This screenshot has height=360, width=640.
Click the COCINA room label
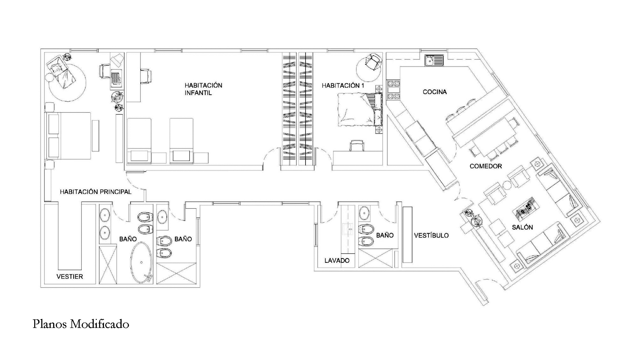pyautogui.click(x=435, y=92)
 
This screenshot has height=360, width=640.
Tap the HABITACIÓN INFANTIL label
pyautogui.click(x=203, y=89)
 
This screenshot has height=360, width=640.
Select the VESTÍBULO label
pyautogui.click(x=431, y=236)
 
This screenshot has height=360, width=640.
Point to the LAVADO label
pyautogui.click(x=337, y=260)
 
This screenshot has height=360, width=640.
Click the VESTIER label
pyautogui.click(x=70, y=276)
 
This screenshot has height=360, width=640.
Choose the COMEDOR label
pyautogui.click(x=485, y=166)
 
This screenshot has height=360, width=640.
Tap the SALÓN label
pyautogui.click(x=522, y=227)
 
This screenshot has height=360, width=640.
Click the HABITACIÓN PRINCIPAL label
pyautogui.click(x=96, y=192)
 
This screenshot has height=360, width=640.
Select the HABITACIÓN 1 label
pyautogui.click(x=343, y=86)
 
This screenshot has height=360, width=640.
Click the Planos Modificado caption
pyautogui.click(x=81, y=324)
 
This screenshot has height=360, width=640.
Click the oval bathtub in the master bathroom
pyautogui.click(x=141, y=263)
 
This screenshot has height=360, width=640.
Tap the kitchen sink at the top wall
pyautogui.click(x=434, y=60)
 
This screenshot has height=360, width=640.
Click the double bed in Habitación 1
pyautogui.click(x=359, y=109)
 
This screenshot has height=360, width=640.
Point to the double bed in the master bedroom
pyautogui.click(x=69, y=135)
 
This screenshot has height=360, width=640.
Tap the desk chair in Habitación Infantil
pyautogui.click(x=146, y=76)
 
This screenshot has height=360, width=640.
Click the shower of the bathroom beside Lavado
pyautogui.click(x=375, y=259)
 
